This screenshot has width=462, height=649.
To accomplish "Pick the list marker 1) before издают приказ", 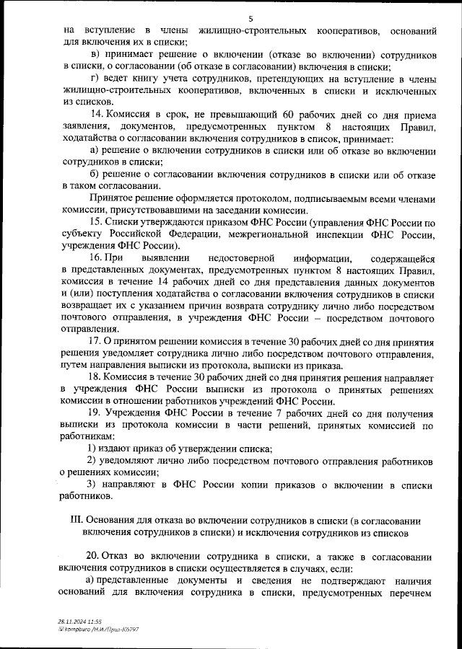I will point(92,449).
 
